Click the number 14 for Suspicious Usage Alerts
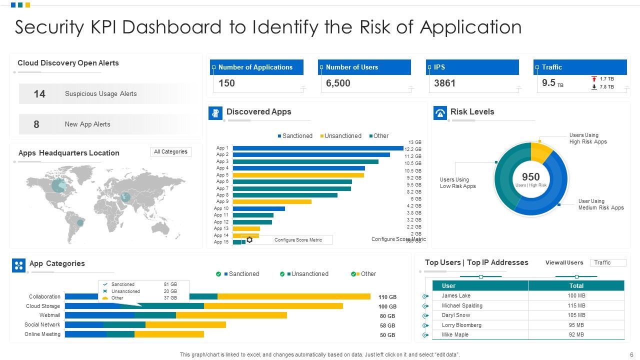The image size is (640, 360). pos(39,94)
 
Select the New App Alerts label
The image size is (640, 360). pos(87,124)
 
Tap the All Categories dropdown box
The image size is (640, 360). pos(170,152)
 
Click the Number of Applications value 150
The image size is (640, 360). pos(226,83)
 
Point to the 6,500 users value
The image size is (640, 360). pos(338,83)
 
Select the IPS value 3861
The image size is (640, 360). pos(444,83)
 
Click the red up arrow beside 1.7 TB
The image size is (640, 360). pos(594,79)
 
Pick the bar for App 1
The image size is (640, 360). pos(317,148)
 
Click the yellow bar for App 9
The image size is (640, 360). pos(272,202)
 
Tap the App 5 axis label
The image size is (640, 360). pos(222,175)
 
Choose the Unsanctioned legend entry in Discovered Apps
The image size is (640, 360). pos(342,136)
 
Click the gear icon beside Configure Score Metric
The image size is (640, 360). pos(249,240)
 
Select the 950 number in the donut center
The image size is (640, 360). pos(530,177)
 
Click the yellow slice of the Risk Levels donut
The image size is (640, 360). pos(540,152)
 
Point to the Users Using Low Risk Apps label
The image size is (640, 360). pos(457,183)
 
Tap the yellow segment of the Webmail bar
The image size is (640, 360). pos(231,315)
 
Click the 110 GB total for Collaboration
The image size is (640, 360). pos(387,297)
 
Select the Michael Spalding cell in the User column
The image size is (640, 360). pos(462,305)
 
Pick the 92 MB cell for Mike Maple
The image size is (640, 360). pos(576,335)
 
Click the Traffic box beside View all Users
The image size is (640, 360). pos(607,262)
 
